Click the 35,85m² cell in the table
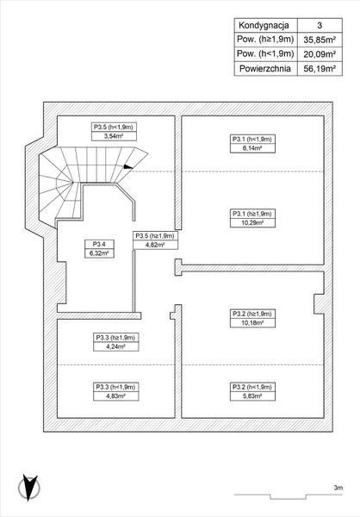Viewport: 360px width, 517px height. [320, 40]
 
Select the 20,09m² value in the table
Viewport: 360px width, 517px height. [320, 53]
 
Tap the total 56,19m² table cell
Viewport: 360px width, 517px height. [320, 69]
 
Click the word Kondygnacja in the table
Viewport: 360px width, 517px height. [264, 25]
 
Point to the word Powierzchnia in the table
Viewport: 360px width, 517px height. [265, 69]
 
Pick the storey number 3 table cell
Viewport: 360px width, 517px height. [320, 25]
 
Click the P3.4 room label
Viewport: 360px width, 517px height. [99, 245]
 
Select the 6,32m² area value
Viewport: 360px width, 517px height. [99, 253]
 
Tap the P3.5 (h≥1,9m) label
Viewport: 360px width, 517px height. [155, 236]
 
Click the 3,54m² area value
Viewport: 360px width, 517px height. [114, 136]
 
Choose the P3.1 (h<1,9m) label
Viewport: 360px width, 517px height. [252, 139]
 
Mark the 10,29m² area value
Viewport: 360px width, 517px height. [252, 222]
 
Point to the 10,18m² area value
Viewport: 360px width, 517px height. [252, 323]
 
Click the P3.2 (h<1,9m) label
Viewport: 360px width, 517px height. [252, 387]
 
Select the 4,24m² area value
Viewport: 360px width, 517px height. [115, 346]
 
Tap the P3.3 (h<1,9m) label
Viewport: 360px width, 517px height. [115, 387]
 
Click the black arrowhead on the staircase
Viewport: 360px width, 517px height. [128, 167]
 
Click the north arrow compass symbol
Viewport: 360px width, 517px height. [29, 488]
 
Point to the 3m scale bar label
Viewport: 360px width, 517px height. [338, 488]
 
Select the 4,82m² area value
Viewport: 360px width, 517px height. [155, 245]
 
